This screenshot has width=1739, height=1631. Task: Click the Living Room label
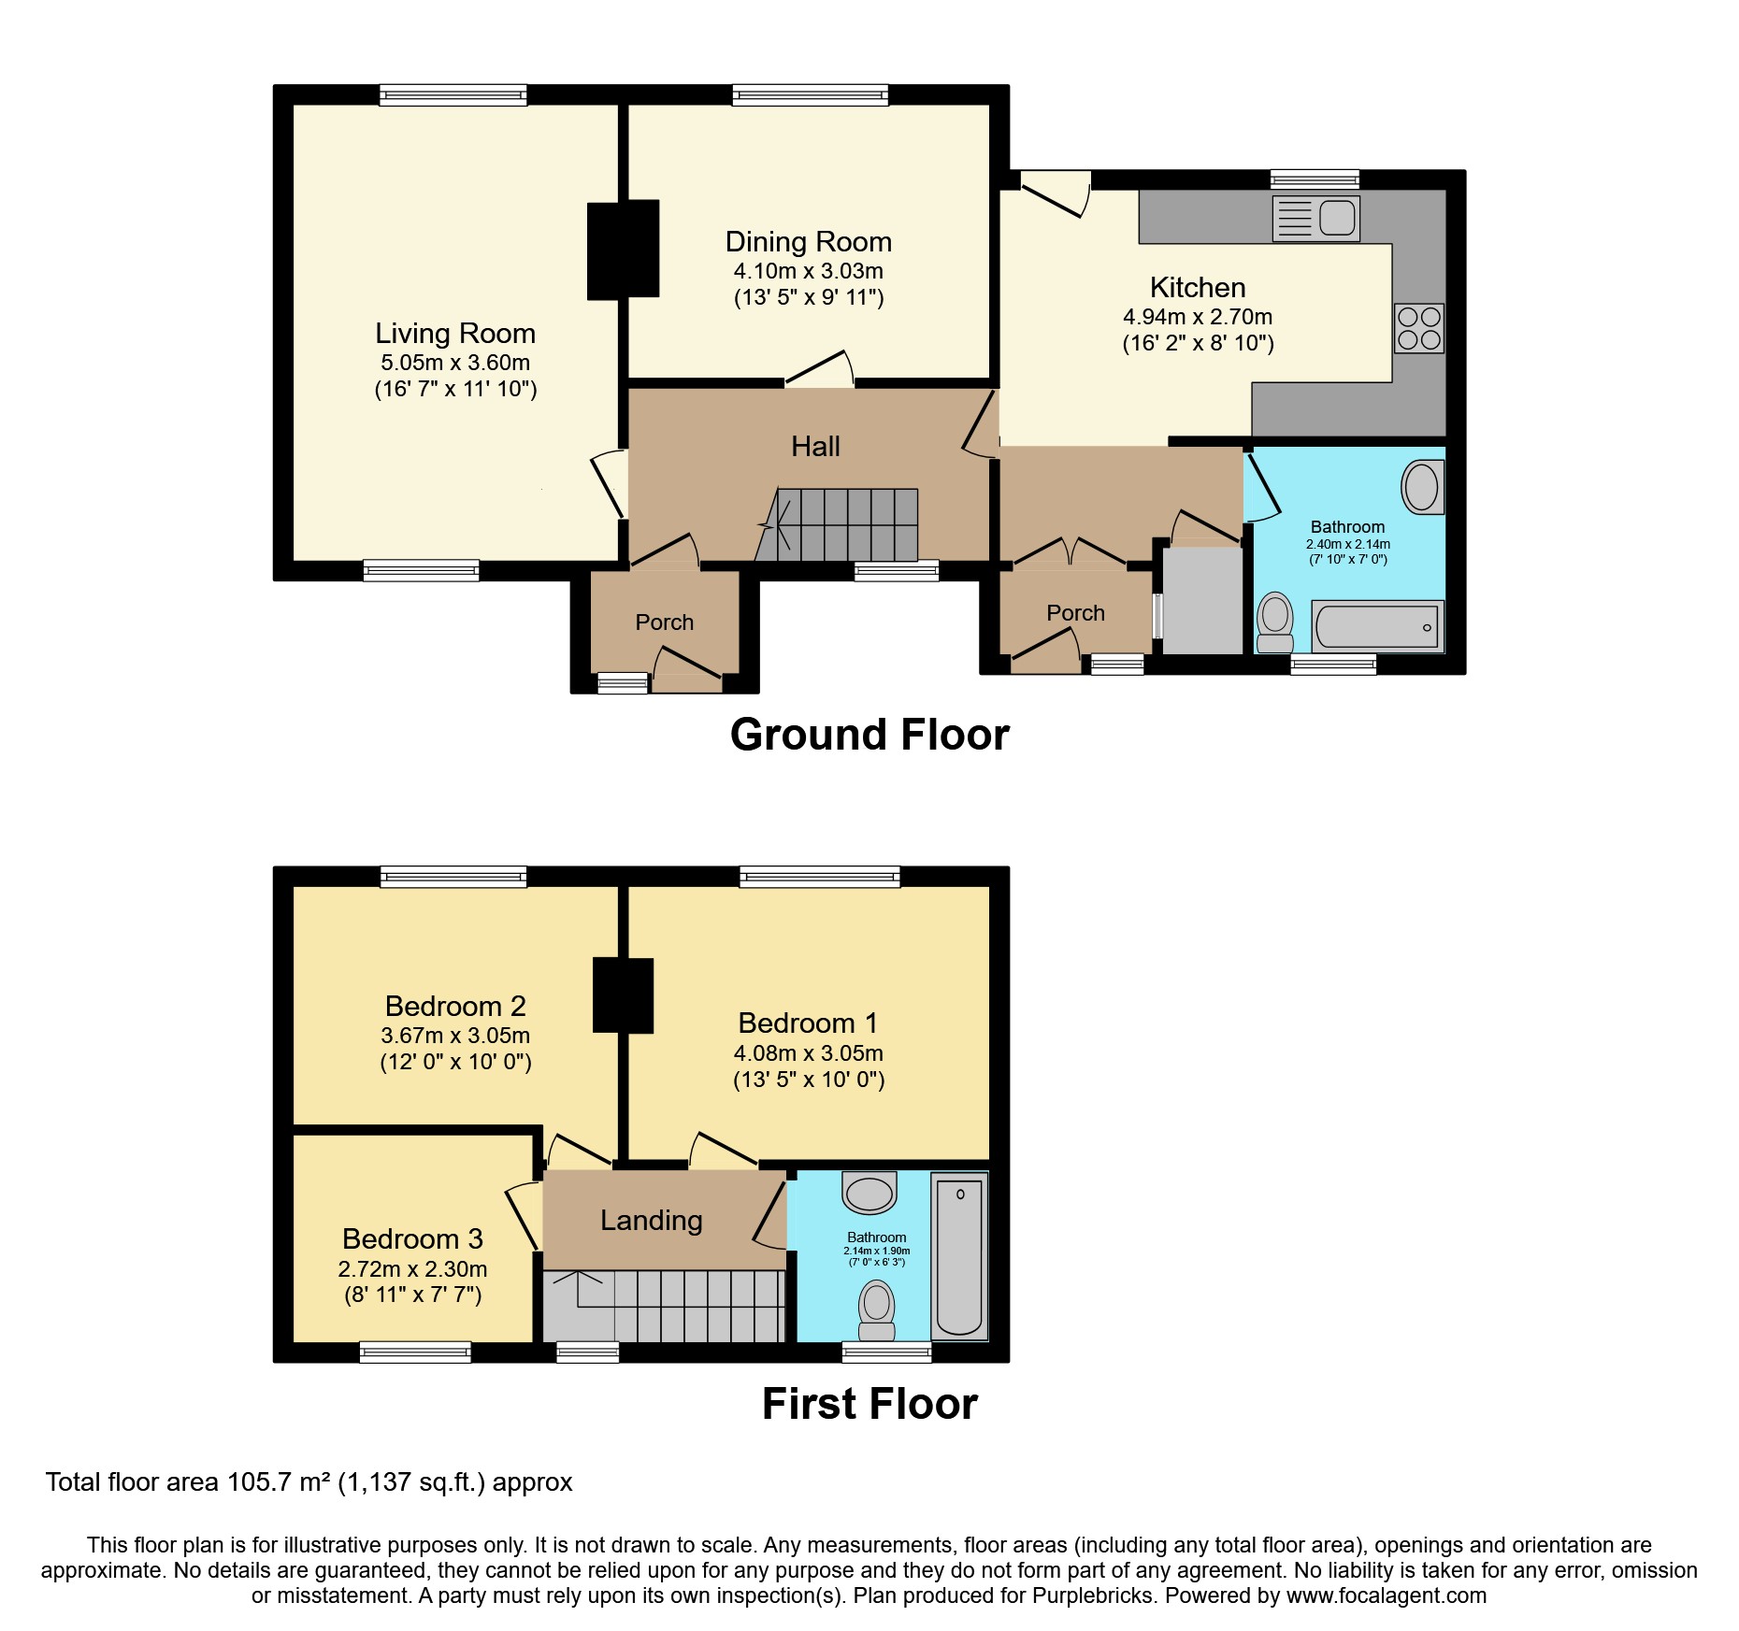pos(455,334)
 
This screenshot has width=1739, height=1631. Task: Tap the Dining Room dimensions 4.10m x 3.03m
pos(808,271)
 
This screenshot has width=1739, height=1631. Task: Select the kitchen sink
pos(1316,218)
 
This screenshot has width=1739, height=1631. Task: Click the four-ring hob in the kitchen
pos(1418,328)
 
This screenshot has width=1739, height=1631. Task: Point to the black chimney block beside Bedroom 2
pos(623,995)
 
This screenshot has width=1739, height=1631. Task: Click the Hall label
pos(815,447)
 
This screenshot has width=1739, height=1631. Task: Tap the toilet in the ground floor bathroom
pos(1275,622)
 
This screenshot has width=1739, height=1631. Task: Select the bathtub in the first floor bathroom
pos(959,1255)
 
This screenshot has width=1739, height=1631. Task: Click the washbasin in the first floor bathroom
pos(869,1195)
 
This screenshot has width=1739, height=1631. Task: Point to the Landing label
pos(651,1221)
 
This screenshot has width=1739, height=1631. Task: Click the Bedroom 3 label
pos(412,1239)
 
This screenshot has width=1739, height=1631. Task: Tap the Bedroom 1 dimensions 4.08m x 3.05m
pos(808,1053)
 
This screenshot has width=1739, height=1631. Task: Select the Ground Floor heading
pos(869,735)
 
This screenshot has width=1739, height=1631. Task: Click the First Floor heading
pos(869,1404)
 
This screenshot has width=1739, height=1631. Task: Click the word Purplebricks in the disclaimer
pos(1092,1595)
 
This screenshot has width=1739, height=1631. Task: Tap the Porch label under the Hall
pos(664,622)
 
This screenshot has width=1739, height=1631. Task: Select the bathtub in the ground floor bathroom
pos(1378,626)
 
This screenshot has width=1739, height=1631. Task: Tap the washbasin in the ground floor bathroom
pos(1422,487)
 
